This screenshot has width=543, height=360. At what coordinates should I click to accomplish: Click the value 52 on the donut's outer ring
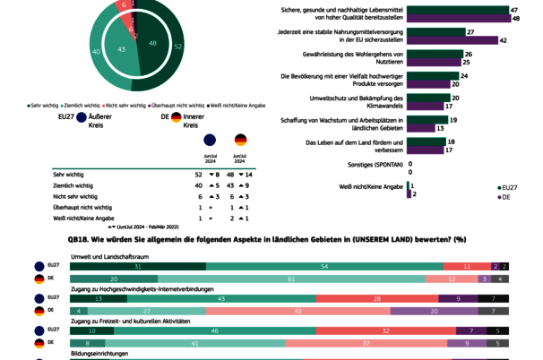(177, 46)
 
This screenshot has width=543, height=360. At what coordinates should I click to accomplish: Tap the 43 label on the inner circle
(122, 49)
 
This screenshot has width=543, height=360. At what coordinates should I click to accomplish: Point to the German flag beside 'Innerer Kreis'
(177, 116)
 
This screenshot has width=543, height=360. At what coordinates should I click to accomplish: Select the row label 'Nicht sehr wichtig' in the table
(75, 195)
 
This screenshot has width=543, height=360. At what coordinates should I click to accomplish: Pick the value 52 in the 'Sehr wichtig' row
(199, 174)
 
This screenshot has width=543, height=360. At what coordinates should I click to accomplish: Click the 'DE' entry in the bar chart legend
(505, 196)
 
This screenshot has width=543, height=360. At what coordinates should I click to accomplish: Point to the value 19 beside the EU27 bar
(454, 119)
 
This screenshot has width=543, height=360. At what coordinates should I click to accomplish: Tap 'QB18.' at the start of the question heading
(78, 240)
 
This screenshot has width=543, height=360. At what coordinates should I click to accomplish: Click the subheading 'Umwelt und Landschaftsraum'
(110, 256)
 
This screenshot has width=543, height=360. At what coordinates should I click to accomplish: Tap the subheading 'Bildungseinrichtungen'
(100, 355)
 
